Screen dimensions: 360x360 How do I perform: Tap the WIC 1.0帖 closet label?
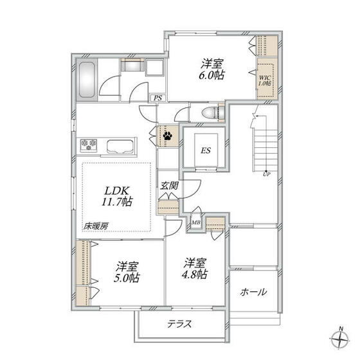pos(265,80)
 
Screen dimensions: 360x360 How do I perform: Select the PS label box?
pos(157,98)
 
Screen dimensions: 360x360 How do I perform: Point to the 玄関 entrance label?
pos(170,185)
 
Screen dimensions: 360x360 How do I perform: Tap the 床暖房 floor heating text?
pos(96,226)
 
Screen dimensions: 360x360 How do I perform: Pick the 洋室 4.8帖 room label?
pos(195,268)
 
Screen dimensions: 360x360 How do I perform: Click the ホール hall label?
pos(254,291)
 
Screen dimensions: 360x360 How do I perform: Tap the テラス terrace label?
pos(179,323)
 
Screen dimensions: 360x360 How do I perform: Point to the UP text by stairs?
pos(266,174)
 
